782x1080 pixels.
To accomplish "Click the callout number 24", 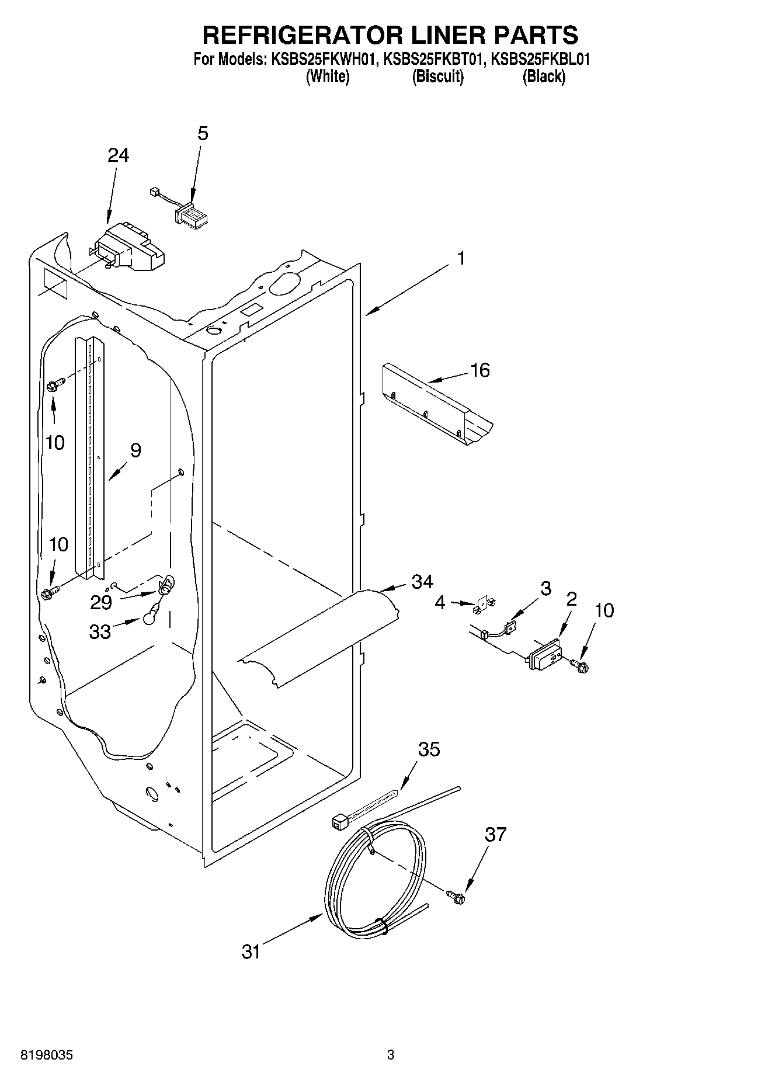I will [x=118, y=155].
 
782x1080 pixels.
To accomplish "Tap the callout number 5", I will [x=202, y=134].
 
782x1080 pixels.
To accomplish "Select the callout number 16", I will [x=480, y=370].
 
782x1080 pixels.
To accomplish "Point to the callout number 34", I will [x=422, y=582].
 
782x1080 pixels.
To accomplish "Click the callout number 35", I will [x=429, y=749].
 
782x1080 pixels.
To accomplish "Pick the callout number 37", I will [x=495, y=835].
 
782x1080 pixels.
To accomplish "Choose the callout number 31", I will [x=251, y=952].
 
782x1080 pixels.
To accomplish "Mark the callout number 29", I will [x=101, y=602].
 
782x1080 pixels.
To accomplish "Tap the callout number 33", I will [x=100, y=631].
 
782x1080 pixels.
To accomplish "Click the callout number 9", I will [x=135, y=450].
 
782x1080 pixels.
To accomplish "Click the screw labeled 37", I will [x=457, y=897].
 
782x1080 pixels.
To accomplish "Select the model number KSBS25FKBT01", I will [x=433, y=60].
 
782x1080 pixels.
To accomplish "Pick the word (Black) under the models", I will [x=544, y=77].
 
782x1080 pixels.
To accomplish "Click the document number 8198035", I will [x=47, y=1056].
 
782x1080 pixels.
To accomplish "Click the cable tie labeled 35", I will [x=362, y=809].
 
